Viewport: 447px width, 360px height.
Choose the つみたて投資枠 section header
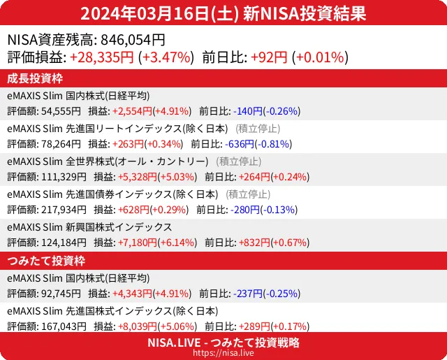[45, 261]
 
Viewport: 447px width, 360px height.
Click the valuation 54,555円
[61, 110]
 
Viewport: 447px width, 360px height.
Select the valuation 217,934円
[64, 209]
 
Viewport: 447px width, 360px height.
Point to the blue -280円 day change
[241, 209]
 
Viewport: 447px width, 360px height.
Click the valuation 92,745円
[61, 294]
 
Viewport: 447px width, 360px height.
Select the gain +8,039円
[131, 326]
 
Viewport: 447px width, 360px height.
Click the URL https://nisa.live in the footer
[223, 353]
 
